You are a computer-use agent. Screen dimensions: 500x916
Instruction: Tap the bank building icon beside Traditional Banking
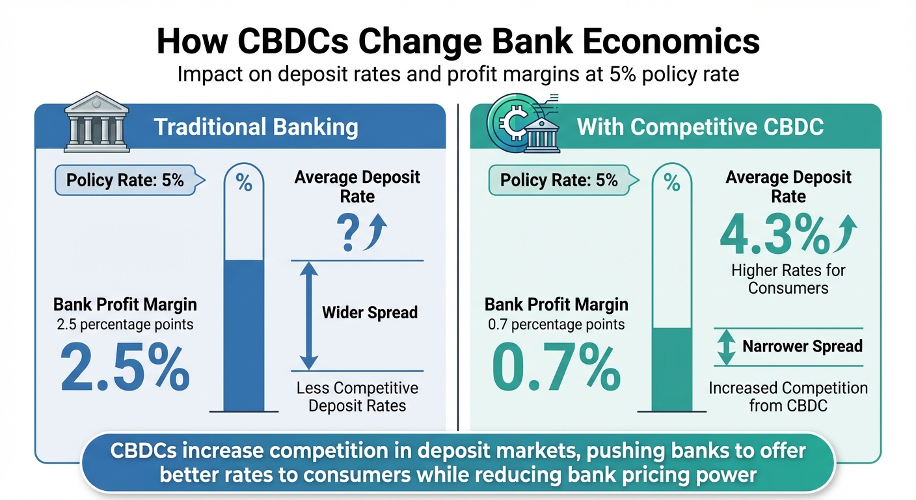coord(95,122)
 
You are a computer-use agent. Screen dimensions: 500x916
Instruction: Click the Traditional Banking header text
coord(256,126)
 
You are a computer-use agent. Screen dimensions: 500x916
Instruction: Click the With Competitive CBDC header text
coord(700,126)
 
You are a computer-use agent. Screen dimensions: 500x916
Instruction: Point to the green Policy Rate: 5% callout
coord(558,180)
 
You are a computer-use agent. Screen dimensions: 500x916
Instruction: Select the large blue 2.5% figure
coord(124,368)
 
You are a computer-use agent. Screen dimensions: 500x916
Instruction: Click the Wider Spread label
coord(370,312)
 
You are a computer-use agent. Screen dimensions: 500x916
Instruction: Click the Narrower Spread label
coord(802,346)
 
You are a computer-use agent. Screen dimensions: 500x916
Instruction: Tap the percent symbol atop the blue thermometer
coord(244,184)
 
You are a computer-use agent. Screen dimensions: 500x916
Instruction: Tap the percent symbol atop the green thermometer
coord(671,184)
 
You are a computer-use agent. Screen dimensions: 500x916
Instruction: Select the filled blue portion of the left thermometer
coord(244,335)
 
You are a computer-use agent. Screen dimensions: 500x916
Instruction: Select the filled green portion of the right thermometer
coord(671,368)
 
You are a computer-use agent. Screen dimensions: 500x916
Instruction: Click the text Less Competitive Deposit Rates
coord(357,397)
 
